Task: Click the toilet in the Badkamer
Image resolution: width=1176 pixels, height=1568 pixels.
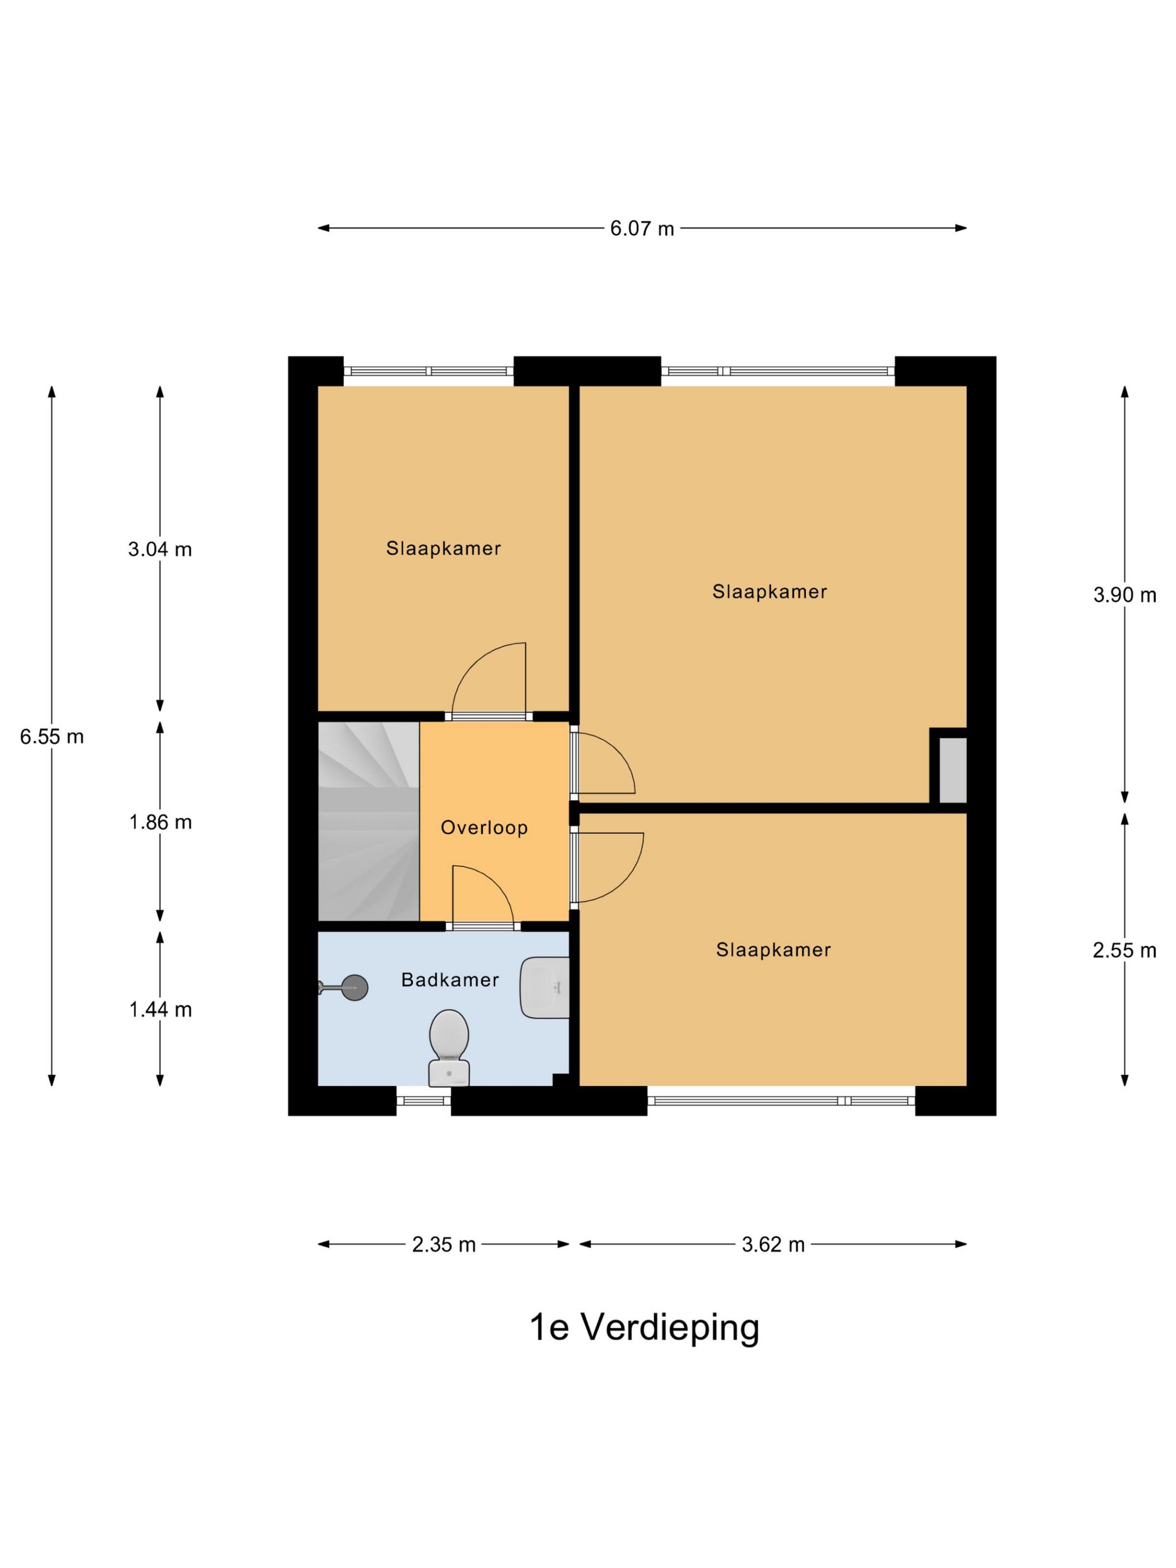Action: click(x=448, y=1046)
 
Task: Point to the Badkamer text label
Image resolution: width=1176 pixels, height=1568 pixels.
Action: click(x=450, y=979)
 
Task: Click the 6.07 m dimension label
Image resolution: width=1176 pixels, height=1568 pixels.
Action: click(x=642, y=228)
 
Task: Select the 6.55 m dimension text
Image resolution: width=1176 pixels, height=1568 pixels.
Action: click(x=52, y=736)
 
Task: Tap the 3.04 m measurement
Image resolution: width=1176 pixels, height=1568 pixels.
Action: click(x=160, y=549)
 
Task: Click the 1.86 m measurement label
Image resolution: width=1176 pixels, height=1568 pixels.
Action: click(x=160, y=822)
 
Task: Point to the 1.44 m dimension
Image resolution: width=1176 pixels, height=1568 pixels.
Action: click(x=160, y=1010)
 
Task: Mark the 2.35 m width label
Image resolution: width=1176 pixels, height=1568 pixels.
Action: click(x=444, y=1245)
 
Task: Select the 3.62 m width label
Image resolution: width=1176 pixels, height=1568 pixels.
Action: click(x=773, y=1245)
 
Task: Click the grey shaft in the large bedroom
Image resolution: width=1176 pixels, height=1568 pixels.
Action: click(x=952, y=770)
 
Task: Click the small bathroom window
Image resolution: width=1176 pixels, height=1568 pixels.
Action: click(x=423, y=1100)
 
